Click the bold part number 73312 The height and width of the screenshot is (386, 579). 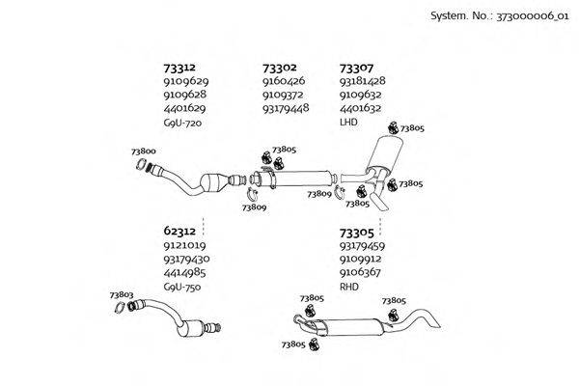click(180, 68)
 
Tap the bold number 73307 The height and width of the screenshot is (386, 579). click(356, 68)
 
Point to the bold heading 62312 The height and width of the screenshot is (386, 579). click(180, 232)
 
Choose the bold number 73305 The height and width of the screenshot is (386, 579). click(356, 232)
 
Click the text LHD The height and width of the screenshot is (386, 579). click(348, 123)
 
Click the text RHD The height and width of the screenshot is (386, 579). click(348, 287)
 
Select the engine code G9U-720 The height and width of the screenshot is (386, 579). click(183, 123)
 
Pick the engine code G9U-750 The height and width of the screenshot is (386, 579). click(183, 287)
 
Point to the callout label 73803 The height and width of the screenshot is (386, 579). click(122, 295)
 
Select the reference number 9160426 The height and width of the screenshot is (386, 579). click(283, 81)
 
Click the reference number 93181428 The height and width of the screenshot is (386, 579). click(363, 81)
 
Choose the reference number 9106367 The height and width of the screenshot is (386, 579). click(361, 273)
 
